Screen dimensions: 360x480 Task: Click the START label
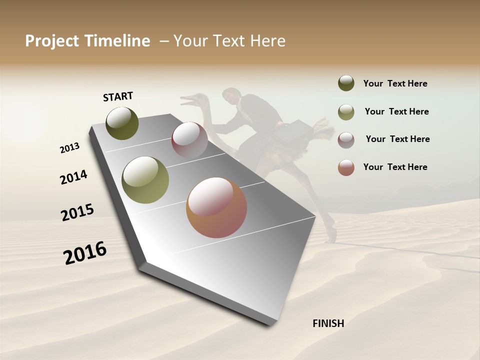[118, 96]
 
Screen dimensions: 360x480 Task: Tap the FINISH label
[328, 323]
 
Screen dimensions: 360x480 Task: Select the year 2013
[69, 148]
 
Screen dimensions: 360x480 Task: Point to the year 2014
[73, 177]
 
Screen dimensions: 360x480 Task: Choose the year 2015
[77, 212]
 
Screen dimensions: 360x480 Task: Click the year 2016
[85, 253]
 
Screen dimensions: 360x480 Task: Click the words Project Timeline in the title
[87, 41]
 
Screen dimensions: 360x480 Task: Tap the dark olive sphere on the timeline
[122, 123]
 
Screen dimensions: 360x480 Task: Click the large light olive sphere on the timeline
[145, 180]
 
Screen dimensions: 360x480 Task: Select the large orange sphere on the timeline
[216, 207]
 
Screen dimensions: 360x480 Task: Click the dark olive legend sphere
[346, 83]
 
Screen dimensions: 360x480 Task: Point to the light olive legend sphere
[346, 111]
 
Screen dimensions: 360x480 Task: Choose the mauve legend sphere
[346, 139]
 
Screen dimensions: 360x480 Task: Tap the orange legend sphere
[346, 167]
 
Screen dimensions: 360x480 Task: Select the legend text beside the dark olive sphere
[395, 83]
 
